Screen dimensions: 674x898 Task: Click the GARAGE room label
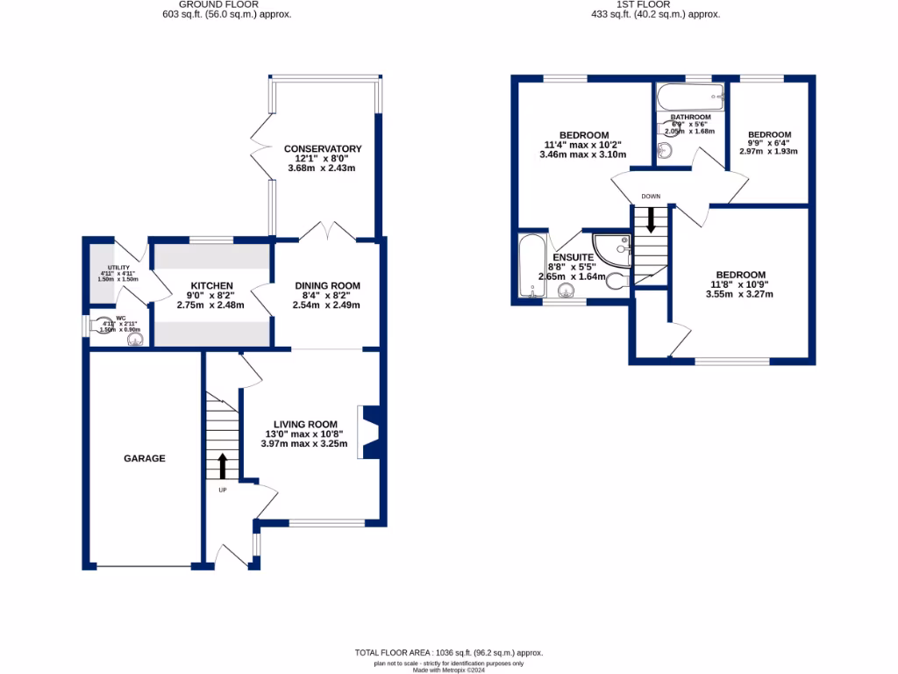[144, 458]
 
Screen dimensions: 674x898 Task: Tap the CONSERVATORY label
[322, 148]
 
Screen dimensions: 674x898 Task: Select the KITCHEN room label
[211, 285]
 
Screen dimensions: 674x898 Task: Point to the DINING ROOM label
[326, 285]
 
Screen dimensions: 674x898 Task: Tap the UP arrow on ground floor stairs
[222, 464]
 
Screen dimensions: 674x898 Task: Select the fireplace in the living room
[368, 432]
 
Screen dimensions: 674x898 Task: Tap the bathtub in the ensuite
[531, 267]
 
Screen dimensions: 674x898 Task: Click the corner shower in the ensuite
[613, 248]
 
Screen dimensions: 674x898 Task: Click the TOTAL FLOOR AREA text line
[448, 653]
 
